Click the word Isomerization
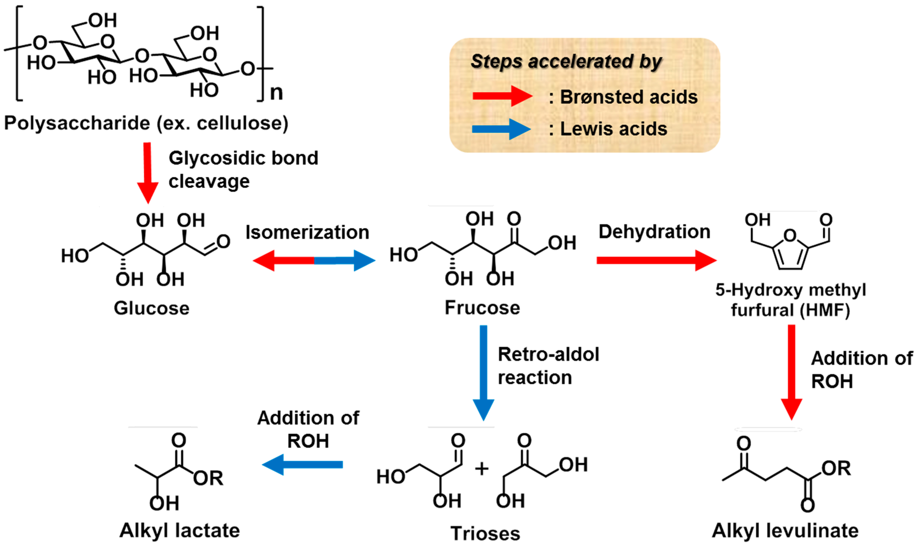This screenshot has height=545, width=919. coord(307,232)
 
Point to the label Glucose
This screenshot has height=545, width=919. coord(151,308)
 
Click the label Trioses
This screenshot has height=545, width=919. coord(485,533)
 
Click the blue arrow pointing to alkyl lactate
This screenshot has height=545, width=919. coord(303,464)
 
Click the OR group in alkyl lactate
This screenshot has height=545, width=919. coord(208,478)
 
